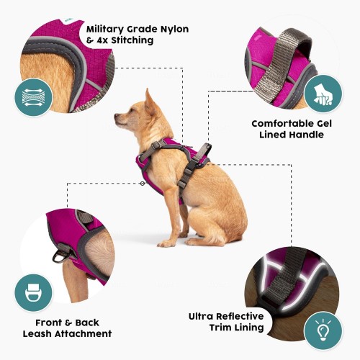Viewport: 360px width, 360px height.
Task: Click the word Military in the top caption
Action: [104, 30]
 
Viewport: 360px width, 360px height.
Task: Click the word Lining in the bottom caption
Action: [250, 328]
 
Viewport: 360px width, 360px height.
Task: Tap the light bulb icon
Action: [323, 330]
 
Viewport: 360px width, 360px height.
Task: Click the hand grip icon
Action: [323, 94]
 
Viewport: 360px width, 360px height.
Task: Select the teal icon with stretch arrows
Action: [34, 97]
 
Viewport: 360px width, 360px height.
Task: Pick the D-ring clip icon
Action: [34, 293]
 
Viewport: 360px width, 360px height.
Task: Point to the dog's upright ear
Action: [149, 101]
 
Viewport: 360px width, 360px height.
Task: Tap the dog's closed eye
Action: [132, 110]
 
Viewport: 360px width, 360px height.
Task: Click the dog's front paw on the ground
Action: [166, 244]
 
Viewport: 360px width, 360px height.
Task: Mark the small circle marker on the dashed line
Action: [143, 184]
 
